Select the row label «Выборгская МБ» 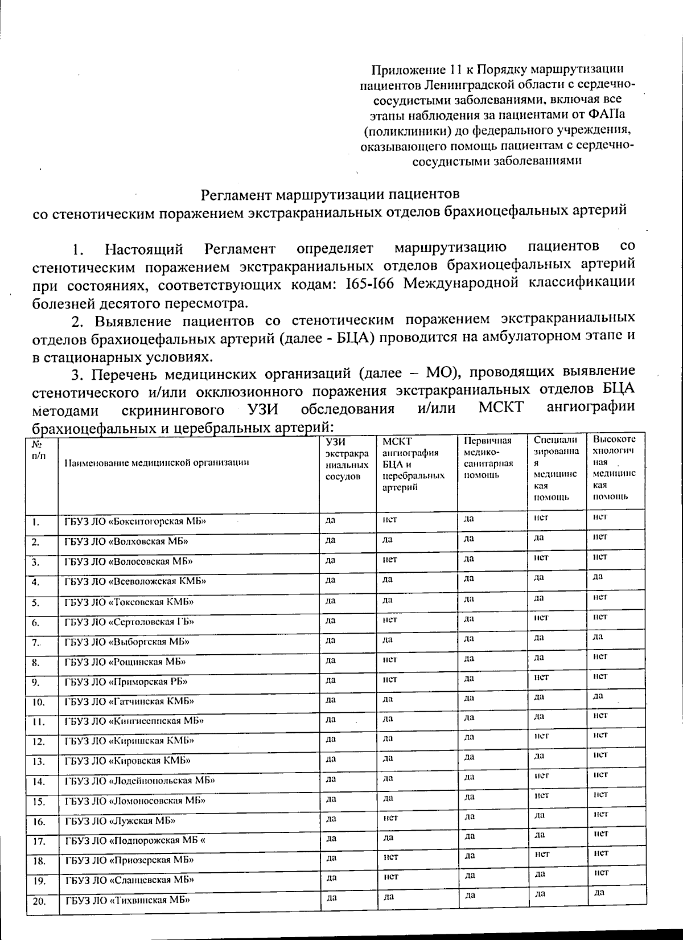pos(126,642)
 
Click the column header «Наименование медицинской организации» pos(157,462)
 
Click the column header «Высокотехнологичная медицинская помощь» pos(614,467)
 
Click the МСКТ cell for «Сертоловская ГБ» pos(390,619)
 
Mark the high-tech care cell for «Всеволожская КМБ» pos(598,577)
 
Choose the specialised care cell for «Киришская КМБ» pos(541,736)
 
